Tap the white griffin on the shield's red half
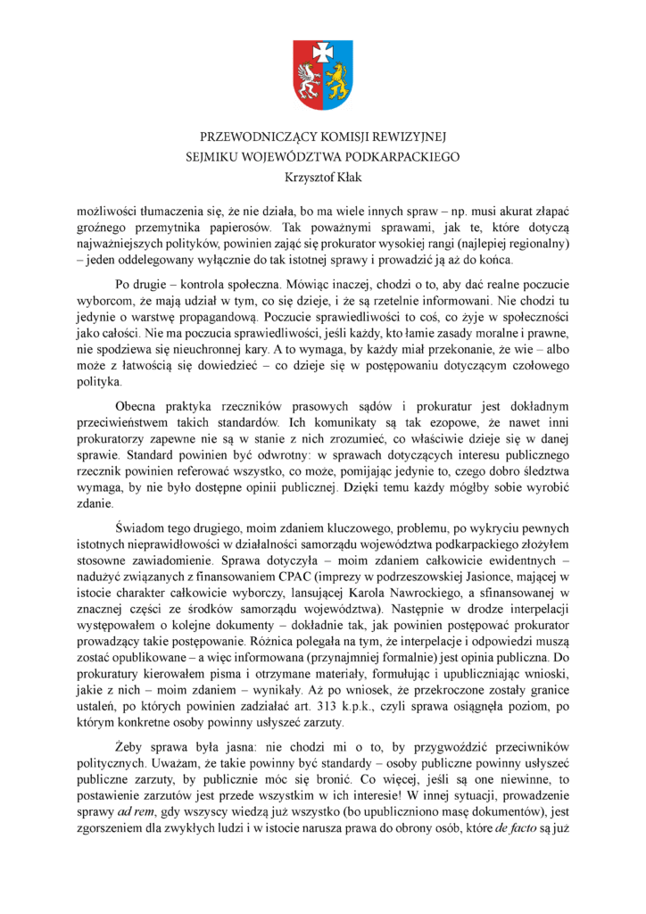[309, 83]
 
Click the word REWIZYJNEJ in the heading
[407, 137]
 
